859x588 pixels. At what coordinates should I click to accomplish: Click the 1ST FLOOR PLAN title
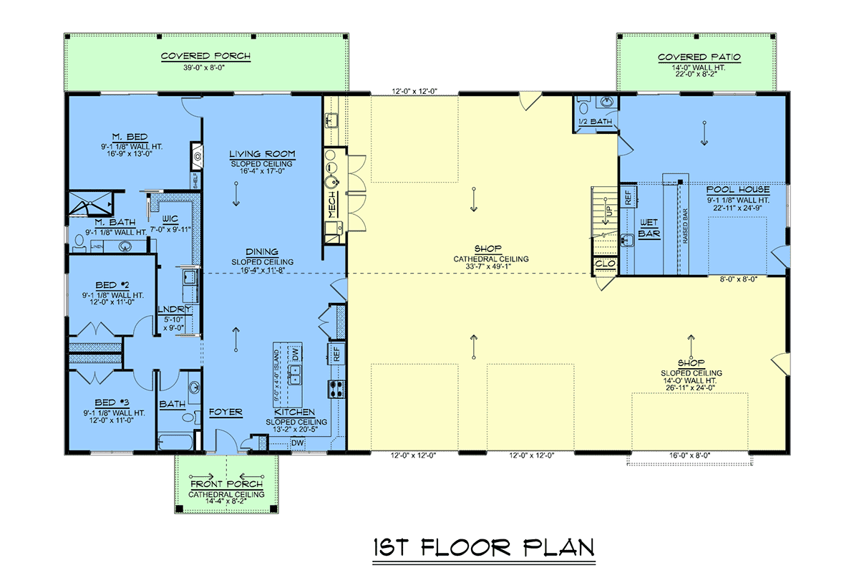tap(483, 548)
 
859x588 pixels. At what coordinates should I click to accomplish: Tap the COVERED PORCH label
tap(205, 57)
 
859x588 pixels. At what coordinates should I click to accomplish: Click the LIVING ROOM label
tap(262, 154)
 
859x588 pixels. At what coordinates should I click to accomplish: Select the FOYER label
tap(225, 413)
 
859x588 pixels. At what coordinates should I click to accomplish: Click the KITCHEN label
tap(294, 413)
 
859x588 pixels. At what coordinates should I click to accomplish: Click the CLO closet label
tap(604, 264)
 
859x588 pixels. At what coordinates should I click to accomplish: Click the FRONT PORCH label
tap(226, 485)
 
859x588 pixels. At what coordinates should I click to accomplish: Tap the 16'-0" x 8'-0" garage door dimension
tap(689, 455)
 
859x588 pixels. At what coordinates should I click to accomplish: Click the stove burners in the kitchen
tap(335, 388)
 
